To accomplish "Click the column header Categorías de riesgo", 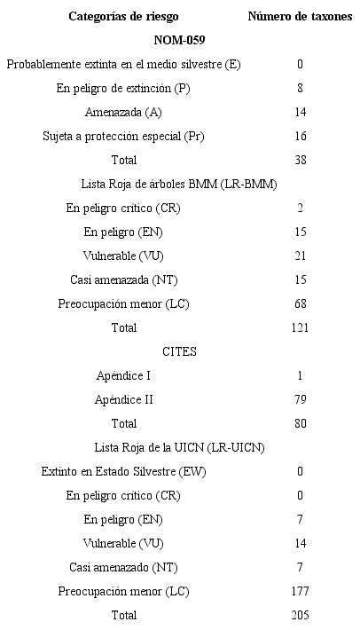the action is click(123, 16).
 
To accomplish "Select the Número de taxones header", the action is click(300, 16).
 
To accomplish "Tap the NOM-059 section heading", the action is click(179, 40).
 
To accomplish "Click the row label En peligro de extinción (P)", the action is click(123, 88).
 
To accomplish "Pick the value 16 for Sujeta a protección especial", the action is click(300, 136).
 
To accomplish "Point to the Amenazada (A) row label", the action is click(123, 112).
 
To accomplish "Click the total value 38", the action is click(300, 160).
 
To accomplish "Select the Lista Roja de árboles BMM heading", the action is click(179, 184).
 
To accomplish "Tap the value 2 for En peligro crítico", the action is click(300, 208).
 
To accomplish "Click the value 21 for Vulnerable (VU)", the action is click(300, 256).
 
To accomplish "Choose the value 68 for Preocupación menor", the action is click(300, 304).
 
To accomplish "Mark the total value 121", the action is click(300, 328).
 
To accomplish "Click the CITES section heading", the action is click(179, 351).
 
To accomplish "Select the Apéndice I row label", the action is click(123, 376).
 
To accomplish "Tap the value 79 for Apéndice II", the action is click(300, 400).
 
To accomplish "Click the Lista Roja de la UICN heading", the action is click(179, 447).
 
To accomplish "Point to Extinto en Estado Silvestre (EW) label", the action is click(123, 471).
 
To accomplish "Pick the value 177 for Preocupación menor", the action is click(300, 591).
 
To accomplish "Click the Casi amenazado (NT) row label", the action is click(123, 567).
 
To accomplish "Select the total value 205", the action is click(300, 615).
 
